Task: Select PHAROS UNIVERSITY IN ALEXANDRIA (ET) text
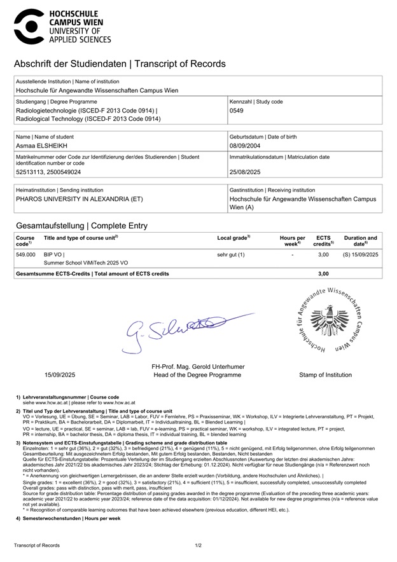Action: point(80,198)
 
